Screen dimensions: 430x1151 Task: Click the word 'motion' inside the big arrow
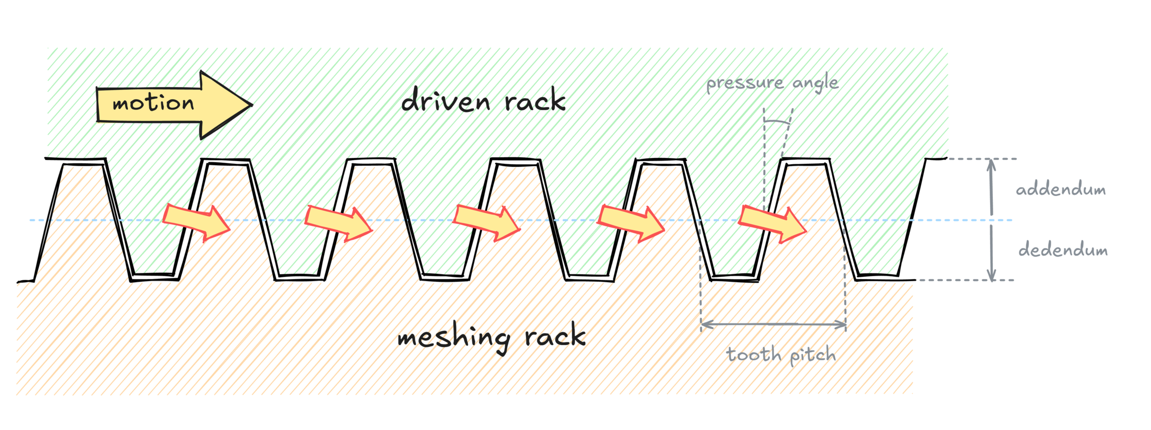pyautogui.click(x=153, y=103)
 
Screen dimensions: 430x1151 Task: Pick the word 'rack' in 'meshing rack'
pyautogui.click(x=555, y=336)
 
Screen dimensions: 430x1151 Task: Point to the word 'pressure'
pyautogui.click(x=744, y=84)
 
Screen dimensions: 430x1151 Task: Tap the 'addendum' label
pyautogui.click(x=1061, y=190)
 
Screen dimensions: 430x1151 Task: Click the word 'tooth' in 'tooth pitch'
pyautogui.click(x=754, y=355)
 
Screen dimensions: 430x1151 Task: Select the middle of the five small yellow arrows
pyautogui.click(x=486, y=222)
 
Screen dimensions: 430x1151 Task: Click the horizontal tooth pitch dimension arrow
pyautogui.click(x=773, y=325)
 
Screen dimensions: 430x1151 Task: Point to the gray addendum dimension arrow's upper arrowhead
pyautogui.click(x=991, y=164)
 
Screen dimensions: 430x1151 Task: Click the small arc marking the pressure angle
pyautogui.click(x=777, y=121)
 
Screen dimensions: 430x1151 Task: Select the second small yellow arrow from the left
pyautogui.click(x=338, y=223)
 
